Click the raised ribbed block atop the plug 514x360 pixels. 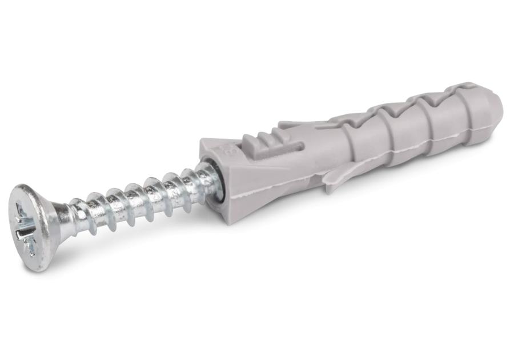click(260, 142)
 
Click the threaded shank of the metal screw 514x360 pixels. click(137, 197)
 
